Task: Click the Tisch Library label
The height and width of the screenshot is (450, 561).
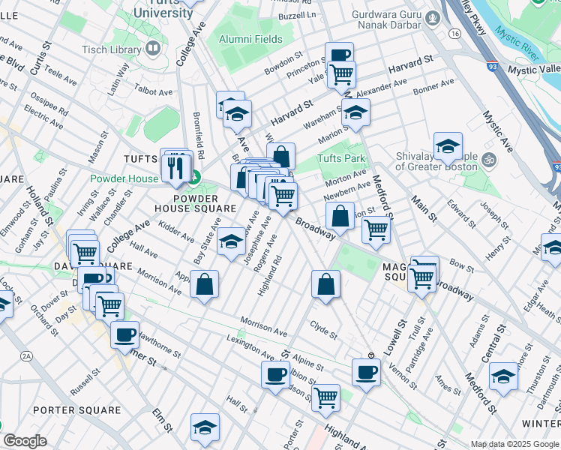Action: click(113, 49)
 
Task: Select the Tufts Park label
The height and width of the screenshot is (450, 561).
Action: click(340, 158)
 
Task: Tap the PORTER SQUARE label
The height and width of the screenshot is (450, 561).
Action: click(76, 410)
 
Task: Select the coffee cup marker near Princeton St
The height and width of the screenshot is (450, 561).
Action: click(339, 55)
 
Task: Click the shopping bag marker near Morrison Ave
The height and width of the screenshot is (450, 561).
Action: click(204, 284)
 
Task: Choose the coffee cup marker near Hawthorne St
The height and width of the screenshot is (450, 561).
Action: click(124, 334)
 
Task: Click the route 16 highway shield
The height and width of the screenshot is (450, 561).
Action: click(454, 34)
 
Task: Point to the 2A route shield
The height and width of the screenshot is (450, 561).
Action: click(27, 355)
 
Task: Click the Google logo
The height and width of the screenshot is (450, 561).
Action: click(25, 441)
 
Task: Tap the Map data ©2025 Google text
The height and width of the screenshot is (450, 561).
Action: click(514, 444)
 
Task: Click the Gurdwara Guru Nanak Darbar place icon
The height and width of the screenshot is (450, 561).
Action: click(431, 17)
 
